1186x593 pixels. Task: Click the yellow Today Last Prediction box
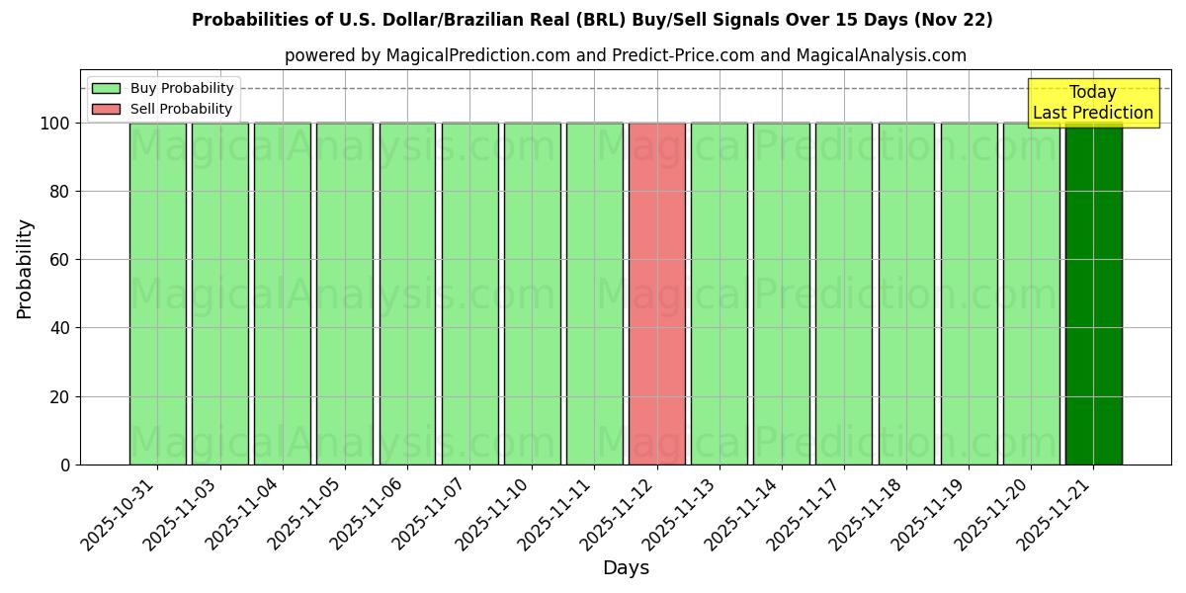1092,103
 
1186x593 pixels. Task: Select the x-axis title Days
626,568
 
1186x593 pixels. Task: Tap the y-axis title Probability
25,269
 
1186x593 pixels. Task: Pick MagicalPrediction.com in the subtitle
477,55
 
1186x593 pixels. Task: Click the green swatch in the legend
106,88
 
